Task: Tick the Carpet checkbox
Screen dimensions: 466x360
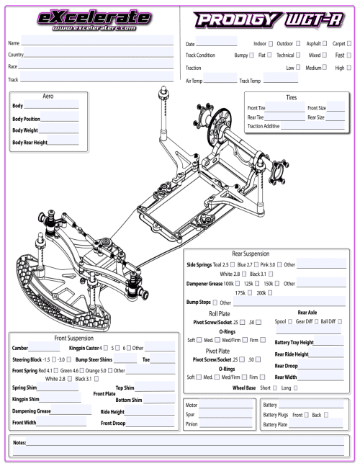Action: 350,45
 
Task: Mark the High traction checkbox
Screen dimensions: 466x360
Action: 350,67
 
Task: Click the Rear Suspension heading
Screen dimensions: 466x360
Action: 250,254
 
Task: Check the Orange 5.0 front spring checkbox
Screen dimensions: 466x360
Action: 110,370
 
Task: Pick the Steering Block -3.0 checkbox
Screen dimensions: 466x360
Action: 71,359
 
